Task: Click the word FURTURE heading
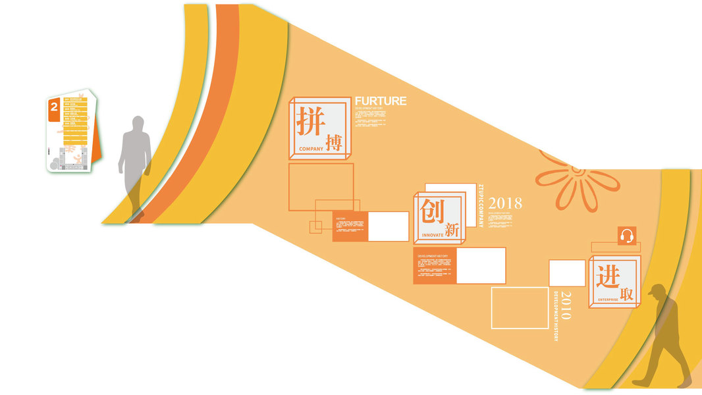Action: (381, 101)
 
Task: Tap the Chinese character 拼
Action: (308, 120)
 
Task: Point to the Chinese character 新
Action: (452, 230)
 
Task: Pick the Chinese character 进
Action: (607, 276)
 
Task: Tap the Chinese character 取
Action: (626, 294)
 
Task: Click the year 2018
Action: (505, 203)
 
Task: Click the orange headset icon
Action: (627, 236)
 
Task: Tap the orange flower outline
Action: (577, 180)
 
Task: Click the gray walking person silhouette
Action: (134, 165)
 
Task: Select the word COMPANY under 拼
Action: (311, 149)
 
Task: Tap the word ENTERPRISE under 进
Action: (608, 300)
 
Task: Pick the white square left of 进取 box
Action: (567, 273)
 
